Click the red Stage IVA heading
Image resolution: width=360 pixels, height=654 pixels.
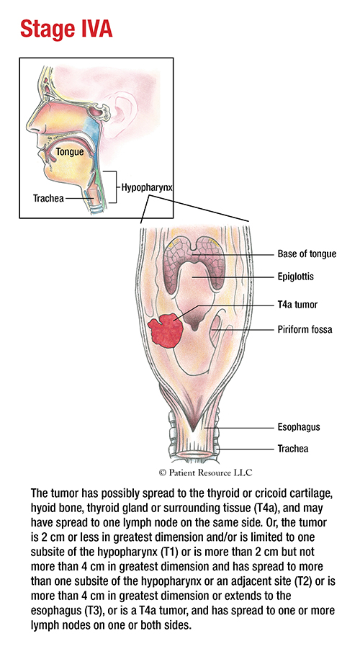point(66,30)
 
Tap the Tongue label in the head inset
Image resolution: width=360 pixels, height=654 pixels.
point(70,152)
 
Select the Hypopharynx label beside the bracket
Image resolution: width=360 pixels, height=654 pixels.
point(147,187)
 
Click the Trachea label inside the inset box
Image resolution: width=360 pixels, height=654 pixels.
point(48,198)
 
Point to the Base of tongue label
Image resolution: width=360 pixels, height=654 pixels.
point(307,254)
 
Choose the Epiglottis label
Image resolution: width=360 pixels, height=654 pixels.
point(296,277)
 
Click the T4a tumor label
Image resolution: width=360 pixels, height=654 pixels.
point(297,305)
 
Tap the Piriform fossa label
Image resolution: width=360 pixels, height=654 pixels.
point(305,329)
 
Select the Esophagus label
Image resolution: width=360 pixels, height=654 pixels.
point(299,427)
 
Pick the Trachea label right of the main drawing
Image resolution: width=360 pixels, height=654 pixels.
point(293,449)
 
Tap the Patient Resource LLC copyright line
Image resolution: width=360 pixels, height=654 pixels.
point(205,472)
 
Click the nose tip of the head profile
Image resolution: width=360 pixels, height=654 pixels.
point(28,126)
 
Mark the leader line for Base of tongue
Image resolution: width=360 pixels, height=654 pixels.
point(233,254)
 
